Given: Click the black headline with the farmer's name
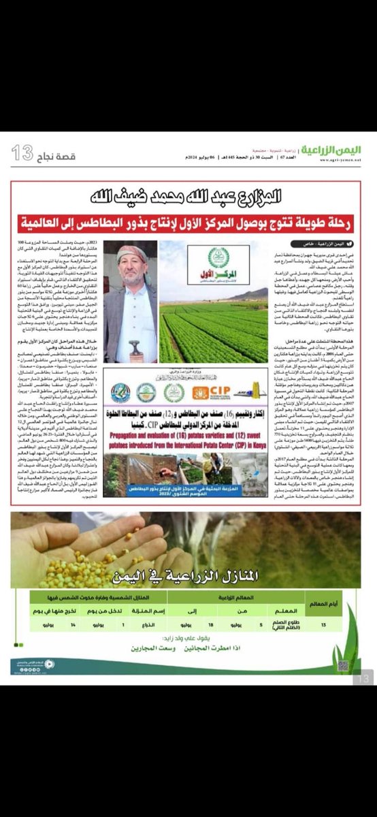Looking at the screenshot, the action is pos(188,197).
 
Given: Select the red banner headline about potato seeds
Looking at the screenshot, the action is pos(188,223).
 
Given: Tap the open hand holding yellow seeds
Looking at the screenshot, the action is pos(75,545).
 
